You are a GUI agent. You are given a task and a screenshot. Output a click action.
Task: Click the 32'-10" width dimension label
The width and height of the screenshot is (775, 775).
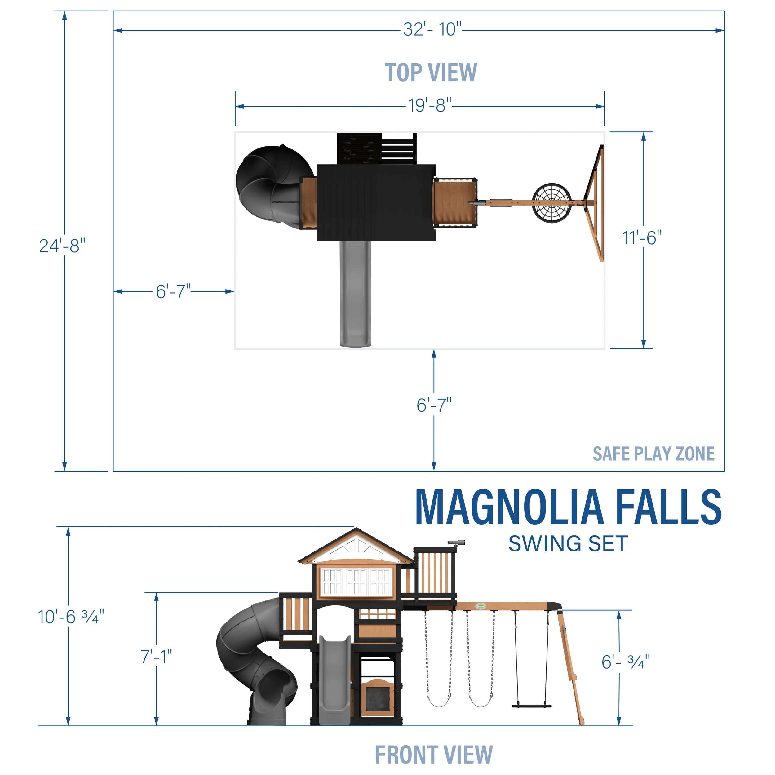(x=432, y=29)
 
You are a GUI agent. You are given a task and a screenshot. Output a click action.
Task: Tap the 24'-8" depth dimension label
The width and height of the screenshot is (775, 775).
(x=62, y=246)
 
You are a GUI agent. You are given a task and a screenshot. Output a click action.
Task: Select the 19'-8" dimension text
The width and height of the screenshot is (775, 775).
(x=430, y=105)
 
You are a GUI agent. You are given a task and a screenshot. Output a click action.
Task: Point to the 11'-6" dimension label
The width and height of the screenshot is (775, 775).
(x=642, y=238)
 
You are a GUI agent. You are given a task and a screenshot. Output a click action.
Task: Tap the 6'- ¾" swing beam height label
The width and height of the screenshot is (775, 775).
(x=625, y=662)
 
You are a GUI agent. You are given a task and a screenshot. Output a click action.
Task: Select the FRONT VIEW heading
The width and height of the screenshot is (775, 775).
(x=434, y=755)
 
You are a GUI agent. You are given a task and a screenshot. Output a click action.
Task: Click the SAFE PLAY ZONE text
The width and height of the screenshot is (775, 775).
(x=653, y=454)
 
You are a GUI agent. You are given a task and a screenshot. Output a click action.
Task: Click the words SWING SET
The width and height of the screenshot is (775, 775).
(x=568, y=544)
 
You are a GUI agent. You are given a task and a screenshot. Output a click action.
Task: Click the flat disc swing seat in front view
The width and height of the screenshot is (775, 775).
(x=532, y=706)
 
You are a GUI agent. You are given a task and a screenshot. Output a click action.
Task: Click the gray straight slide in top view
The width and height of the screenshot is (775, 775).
(x=355, y=293)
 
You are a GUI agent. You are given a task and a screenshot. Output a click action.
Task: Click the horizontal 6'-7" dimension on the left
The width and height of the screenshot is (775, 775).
(x=173, y=291)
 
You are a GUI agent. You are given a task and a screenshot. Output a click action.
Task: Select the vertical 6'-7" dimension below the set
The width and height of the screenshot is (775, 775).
(x=434, y=405)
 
